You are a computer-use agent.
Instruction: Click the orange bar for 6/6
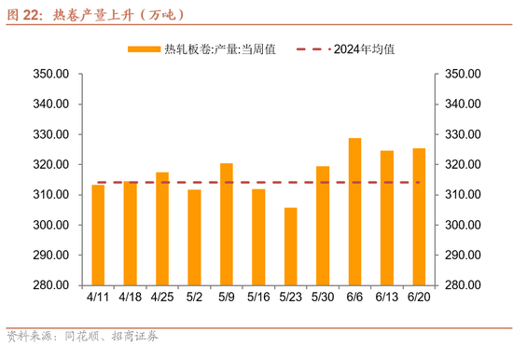coord(355,212)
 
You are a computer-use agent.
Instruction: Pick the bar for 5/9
coord(227,224)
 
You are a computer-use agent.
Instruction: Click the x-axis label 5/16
coord(258,298)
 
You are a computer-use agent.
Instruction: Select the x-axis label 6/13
coord(387,298)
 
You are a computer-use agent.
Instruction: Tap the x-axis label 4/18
coord(130,298)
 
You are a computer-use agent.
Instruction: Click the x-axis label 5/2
coord(194,298)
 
